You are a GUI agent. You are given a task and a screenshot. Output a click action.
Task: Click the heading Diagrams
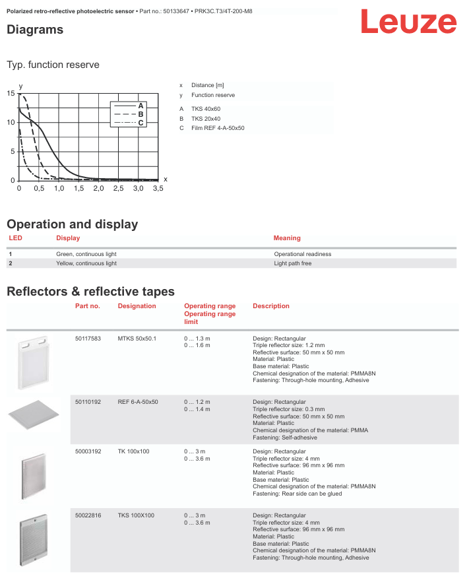pyautogui.click(x=35, y=30)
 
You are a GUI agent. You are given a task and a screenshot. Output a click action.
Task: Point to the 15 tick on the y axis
pyautogui.click(x=10, y=94)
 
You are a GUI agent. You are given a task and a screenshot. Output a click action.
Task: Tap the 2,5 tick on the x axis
pyautogui.click(x=118, y=189)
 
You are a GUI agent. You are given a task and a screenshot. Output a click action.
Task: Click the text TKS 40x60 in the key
pyautogui.click(x=206, y=108)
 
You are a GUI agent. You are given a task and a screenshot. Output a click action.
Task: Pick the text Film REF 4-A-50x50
pyautogui.click(x=218, y=128)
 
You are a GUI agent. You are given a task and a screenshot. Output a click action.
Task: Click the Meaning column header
pyautogui.click(x=287, y=238)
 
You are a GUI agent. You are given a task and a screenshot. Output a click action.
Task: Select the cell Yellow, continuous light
pyautogui.click(x=86, y=263)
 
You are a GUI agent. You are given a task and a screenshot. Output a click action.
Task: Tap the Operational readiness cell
pyautogui.click(x=303, y=254)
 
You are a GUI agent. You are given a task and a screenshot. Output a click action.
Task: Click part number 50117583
pyautogui.click(x=88, y=339)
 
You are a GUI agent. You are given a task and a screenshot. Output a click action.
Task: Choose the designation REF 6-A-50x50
pyautogui.click(x=138, y=402)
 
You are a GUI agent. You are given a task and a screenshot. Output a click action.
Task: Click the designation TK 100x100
pyautogui.click(x=133, y=451)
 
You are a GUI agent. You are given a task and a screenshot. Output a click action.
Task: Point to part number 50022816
pyautogui.click(x=88, y=515)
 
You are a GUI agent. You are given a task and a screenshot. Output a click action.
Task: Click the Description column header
pyautogui.click(x=270, y=306)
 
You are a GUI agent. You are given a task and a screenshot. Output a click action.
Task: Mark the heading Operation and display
pyautogui.click(x=72, y=224)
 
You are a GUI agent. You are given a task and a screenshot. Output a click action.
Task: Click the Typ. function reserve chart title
pyautogui.click(x=53, y=65)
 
